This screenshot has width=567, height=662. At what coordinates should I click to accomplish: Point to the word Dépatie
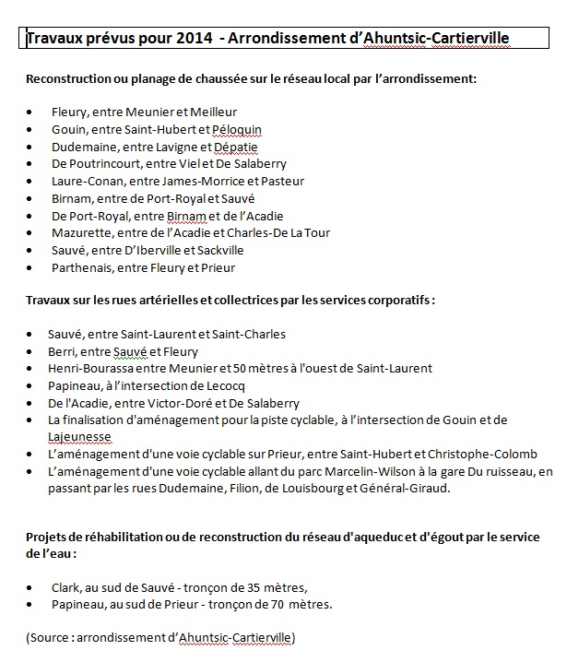coord(235,146)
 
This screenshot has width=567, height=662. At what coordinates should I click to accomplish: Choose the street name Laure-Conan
coord(86,181)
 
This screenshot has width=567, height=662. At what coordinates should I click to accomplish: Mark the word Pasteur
coord(282,181)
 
